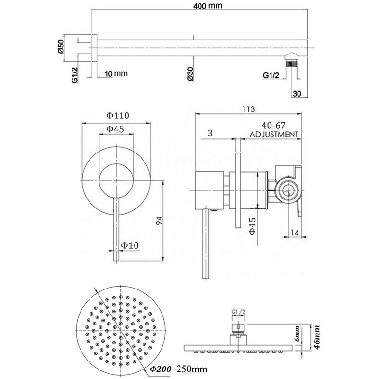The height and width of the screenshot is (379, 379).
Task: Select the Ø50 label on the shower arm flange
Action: coord(62,47)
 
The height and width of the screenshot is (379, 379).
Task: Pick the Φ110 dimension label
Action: coord(118,115)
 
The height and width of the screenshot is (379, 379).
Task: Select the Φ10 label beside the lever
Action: coord(129,245)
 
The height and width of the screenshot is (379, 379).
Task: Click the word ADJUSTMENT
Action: coord(274,135)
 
